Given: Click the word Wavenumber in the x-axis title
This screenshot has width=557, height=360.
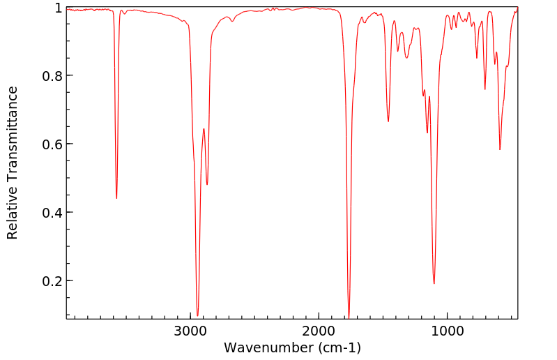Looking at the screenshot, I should [x=267, y=347].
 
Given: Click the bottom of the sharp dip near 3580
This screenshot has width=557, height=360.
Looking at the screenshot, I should [x=116, y=198].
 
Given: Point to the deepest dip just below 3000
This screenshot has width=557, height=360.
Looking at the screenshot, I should [x=198, y=315].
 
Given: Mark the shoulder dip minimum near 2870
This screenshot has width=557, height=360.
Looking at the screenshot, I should [x=207, y=184].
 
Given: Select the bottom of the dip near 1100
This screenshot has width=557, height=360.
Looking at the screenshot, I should [x=434, y=283].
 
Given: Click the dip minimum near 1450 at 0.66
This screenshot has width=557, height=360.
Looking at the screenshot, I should [x=388, y=121].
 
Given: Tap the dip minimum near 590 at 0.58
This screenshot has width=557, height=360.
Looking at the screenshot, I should [x=500, y=149].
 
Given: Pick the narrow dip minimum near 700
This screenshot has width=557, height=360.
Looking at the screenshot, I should [x=485, y=89].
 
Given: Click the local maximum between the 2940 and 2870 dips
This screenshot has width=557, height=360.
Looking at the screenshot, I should [x=204, y=129].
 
